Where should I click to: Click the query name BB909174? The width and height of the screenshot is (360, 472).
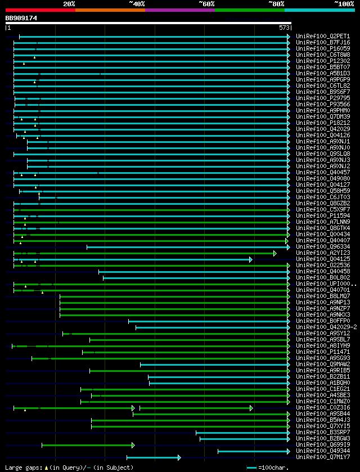pos(21,18)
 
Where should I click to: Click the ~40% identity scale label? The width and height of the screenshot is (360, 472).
pos(137,3)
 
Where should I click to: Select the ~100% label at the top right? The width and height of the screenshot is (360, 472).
pos(344,3)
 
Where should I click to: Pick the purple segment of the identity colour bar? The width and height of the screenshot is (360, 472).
pos(179,10)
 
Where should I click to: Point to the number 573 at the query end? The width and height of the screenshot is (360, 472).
pos(283,28)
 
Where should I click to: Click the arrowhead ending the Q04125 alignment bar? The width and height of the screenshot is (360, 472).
pos(251,259)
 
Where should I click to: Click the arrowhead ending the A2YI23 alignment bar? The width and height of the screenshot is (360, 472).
pos(275,253)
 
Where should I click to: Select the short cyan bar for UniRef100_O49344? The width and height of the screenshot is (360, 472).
pos(253,451)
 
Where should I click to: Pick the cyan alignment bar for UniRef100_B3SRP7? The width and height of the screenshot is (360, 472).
pos(242,433)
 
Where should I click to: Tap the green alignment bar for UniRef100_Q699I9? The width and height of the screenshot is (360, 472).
pos(87,445)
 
